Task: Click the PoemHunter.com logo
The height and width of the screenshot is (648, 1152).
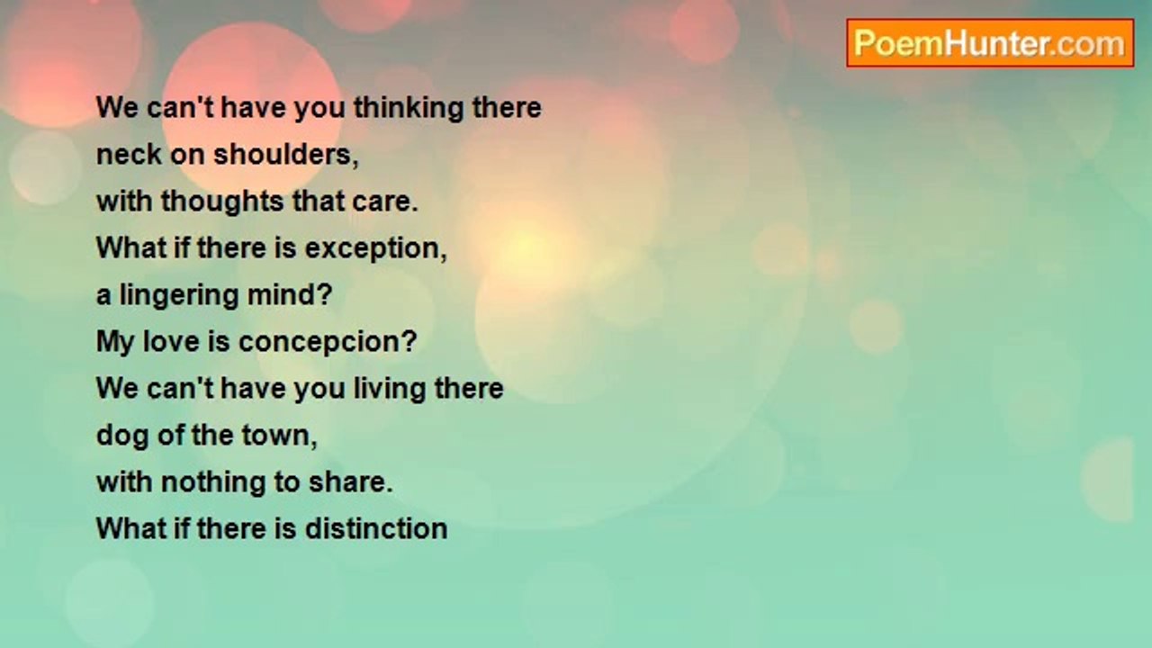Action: click(x=990, y=43)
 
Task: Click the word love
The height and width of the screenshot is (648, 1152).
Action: click(x=171, y=341)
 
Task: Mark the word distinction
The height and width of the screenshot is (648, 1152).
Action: click(x=376, y=528)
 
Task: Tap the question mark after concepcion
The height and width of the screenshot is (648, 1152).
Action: click(x=409, y=341)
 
